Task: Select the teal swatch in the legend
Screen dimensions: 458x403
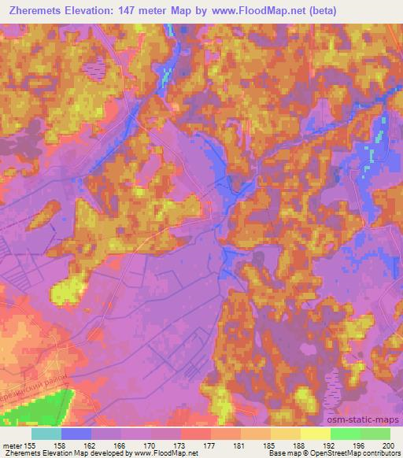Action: [x=46, y=434]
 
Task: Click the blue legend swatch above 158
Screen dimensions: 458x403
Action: [x=76, y=434]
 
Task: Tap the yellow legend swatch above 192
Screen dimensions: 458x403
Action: [x=315, y=434]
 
